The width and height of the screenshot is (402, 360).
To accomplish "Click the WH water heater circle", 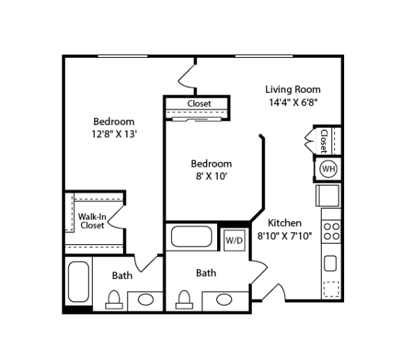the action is (329, 169).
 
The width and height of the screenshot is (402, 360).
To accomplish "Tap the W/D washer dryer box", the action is (234, 240).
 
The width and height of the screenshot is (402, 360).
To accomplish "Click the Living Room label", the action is (293, 89).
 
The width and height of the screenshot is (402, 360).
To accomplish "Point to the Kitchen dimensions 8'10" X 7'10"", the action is (285, 236).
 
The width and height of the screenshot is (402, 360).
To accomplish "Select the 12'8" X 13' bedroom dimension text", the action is (114, 134).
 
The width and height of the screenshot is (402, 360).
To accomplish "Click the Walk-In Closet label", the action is (92, 221).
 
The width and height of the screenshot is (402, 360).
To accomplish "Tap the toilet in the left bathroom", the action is (114, 299).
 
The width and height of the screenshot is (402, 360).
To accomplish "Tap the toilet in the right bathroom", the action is (184, 299).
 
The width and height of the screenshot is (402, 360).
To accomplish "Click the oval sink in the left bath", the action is (146, 299).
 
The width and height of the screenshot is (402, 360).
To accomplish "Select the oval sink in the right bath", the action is (224, 299).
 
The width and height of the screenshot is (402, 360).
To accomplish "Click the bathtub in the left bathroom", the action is (78, 282).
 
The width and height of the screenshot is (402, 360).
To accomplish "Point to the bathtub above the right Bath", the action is (191, 237).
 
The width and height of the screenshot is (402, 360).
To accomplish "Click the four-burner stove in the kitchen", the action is (332, 232).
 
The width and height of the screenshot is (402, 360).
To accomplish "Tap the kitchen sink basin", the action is (330, 264).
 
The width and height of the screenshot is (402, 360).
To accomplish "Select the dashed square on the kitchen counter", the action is (332, 290).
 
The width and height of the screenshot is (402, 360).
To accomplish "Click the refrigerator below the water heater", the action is (328, 195).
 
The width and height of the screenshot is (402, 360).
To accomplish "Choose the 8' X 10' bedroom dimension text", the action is (211, 177).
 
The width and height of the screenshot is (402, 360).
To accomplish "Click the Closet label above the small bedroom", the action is (199, 103).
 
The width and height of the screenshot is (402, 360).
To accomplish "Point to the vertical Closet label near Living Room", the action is (324, 141).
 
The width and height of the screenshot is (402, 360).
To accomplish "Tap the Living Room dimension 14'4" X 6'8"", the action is (293, 103).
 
